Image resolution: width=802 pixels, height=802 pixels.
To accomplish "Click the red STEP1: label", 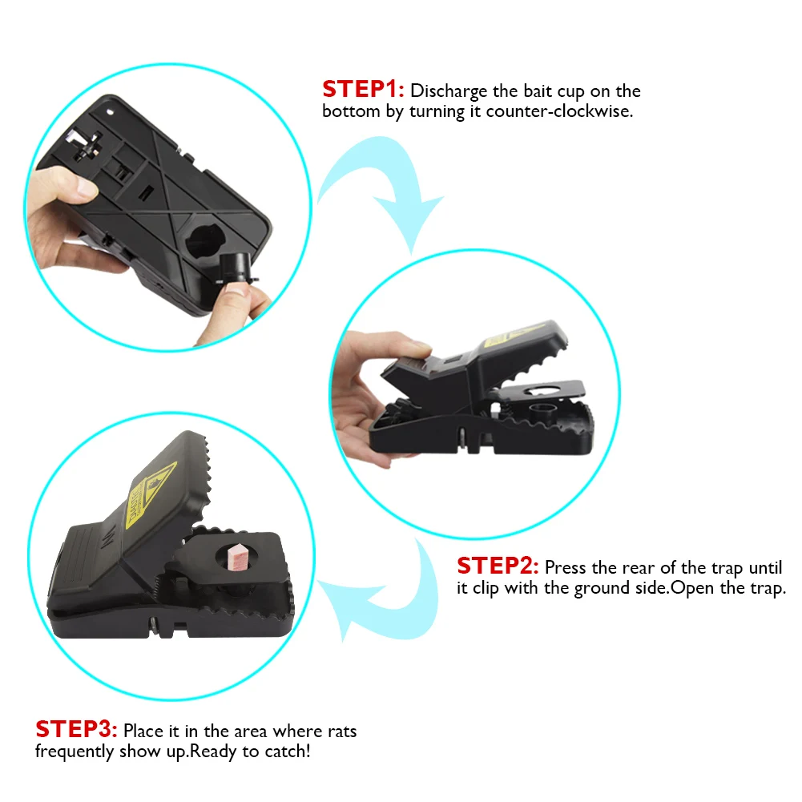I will [x=363, y=91].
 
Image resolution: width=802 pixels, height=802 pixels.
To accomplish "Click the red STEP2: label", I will [x=498, y=566].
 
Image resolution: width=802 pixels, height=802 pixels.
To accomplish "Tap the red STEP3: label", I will [x=76, y=731].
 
